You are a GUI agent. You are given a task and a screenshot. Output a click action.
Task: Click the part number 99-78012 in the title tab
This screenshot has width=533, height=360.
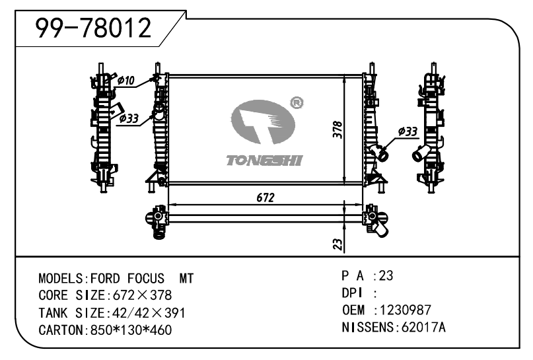pos(93,28)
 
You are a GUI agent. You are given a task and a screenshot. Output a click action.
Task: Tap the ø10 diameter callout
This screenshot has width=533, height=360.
pos(125,81)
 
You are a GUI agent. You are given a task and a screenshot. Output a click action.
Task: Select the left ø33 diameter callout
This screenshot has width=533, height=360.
pos(128,119)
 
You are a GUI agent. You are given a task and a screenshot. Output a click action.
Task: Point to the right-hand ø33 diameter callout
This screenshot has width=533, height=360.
pos(408,132)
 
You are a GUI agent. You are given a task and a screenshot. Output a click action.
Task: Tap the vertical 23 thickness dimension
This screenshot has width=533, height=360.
pos(337,244)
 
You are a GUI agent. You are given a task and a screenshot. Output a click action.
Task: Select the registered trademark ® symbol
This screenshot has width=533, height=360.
pos(297,102)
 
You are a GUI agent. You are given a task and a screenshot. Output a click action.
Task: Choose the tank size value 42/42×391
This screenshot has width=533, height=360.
pos(145,312)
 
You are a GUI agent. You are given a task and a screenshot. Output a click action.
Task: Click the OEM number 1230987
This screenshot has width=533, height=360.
pos(403,310)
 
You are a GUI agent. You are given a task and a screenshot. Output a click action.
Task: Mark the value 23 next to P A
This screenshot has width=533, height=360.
pos(386,275)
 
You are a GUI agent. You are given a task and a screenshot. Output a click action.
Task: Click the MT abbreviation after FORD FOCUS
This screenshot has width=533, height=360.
pos(186,278)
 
